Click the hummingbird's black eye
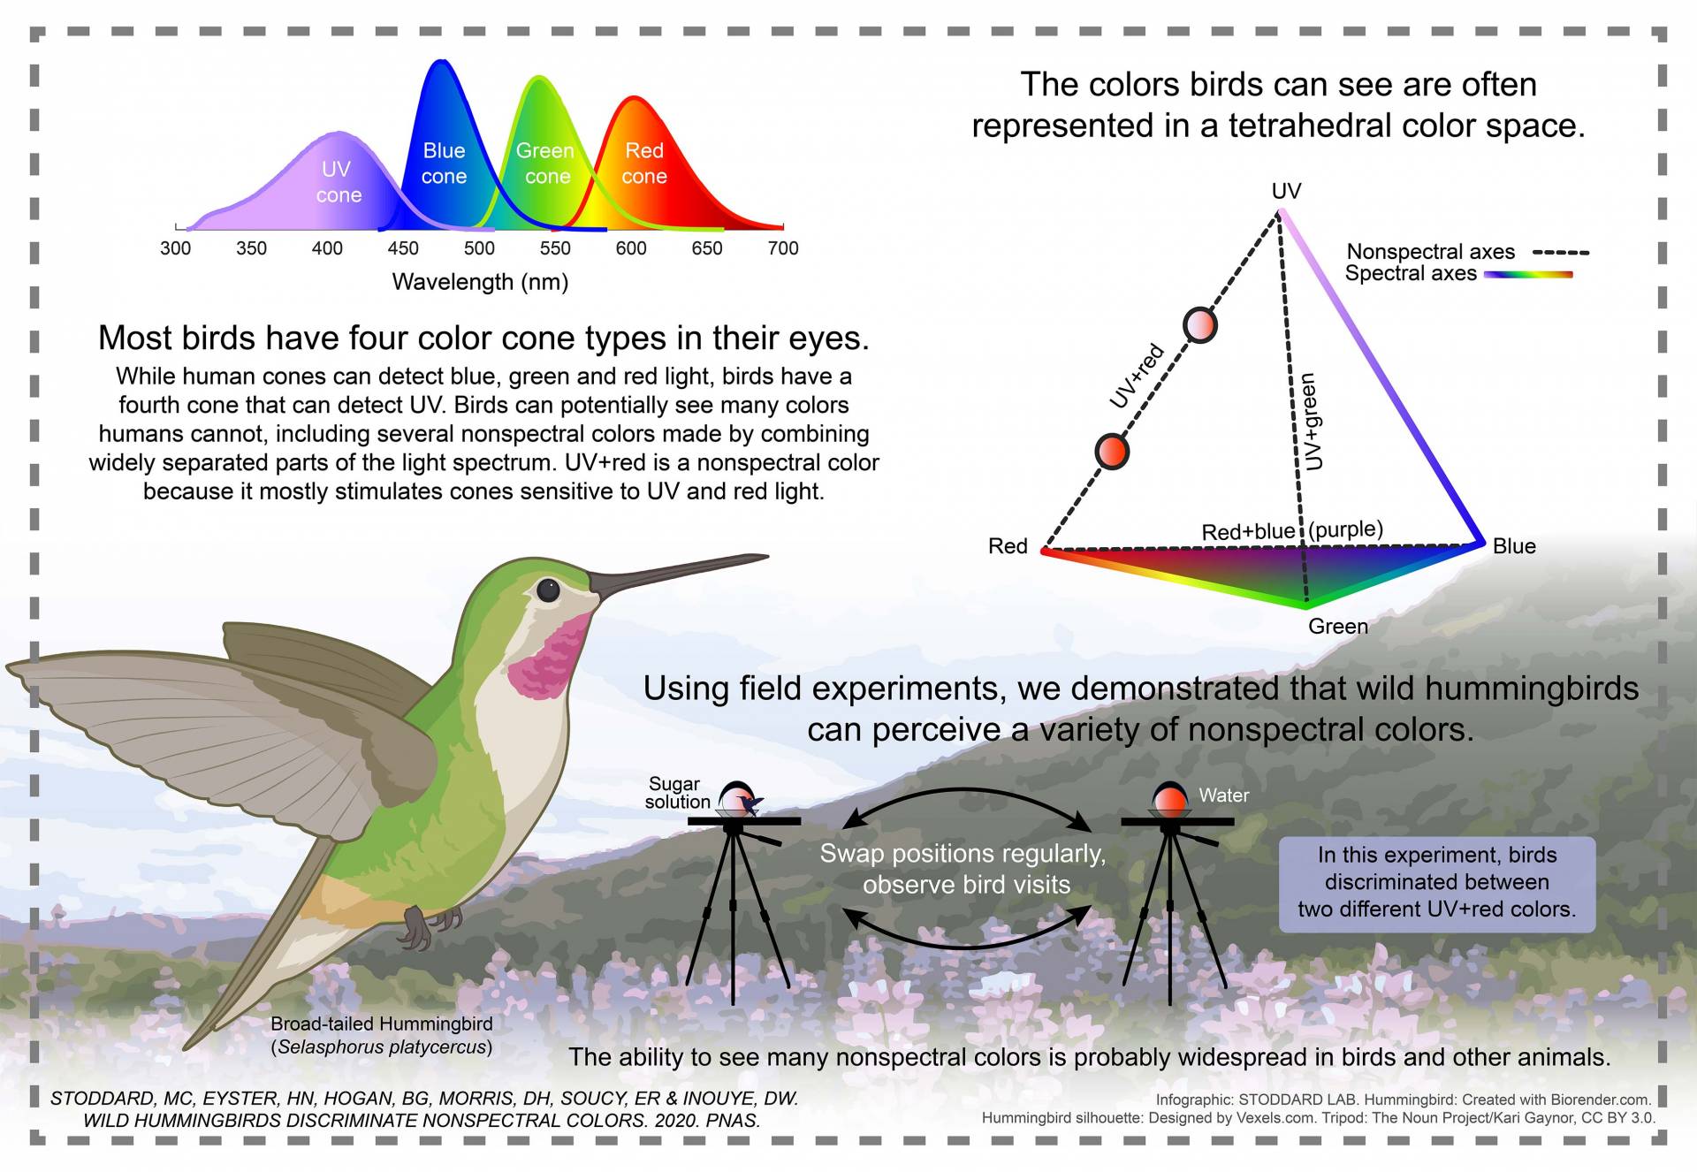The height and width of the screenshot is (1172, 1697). coord(548,590)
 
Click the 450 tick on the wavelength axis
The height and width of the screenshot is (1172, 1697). coord(403,248)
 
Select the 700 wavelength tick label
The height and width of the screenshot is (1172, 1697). coord(783,248)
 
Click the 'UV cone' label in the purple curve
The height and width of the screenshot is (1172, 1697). coord(338,181)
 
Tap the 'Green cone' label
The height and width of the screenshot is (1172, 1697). coord(545,164)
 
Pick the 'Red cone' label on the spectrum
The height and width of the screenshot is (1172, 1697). coord(643,164)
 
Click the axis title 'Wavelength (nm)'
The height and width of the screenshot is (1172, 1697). coord(480,282)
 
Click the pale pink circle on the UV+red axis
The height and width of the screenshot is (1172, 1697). coord(1199,325)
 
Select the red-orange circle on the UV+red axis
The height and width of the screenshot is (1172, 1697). coord(1112,452)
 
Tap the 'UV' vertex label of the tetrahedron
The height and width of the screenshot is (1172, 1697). coord(1286,191)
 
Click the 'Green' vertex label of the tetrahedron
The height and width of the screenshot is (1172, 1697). coord(1338,627)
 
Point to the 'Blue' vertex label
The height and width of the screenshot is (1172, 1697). coord(1514,546)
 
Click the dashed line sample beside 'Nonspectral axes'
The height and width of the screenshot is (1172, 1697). coord(1561,253)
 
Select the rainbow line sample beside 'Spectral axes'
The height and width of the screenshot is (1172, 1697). coord(1528,275)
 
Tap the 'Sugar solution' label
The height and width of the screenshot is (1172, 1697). coord(676,793)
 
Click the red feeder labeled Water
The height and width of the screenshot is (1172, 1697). coord(1170,801)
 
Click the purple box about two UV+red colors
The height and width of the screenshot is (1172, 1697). coord(1437,883)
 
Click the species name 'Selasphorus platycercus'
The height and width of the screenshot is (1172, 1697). coord(382,1047)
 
